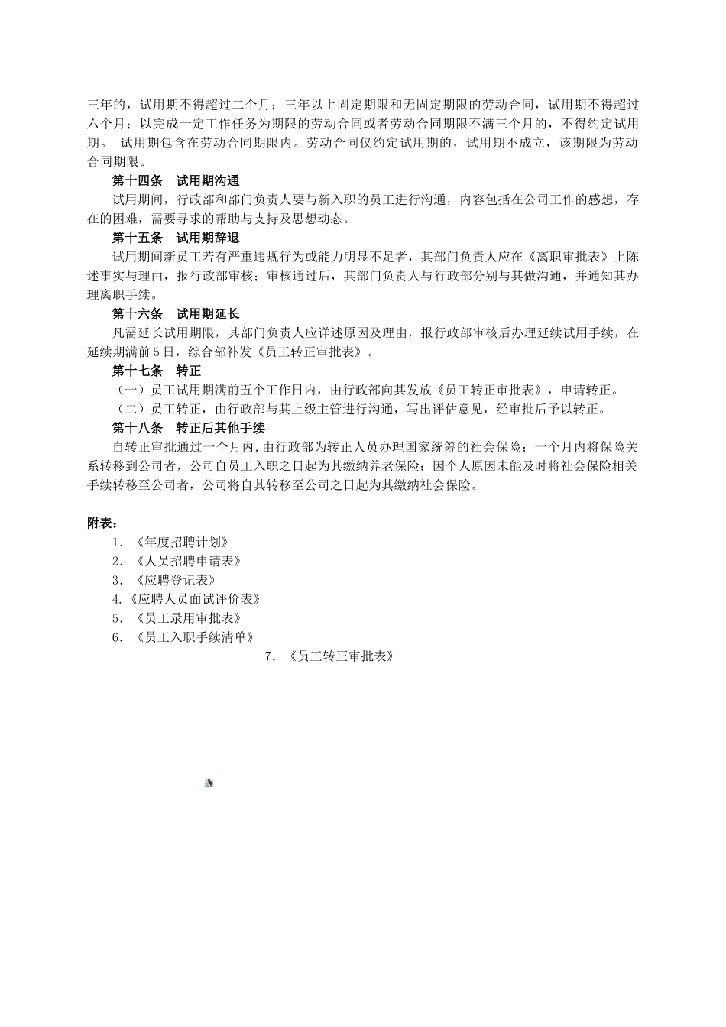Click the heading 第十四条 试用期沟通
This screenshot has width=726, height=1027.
tap(176, 181)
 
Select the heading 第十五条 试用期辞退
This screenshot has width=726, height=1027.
tap(176, 238)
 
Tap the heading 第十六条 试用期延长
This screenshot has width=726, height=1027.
tap(176, 314)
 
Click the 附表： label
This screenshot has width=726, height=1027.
tap(102, 523)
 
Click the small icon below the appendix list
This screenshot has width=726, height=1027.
tap(209, 783)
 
